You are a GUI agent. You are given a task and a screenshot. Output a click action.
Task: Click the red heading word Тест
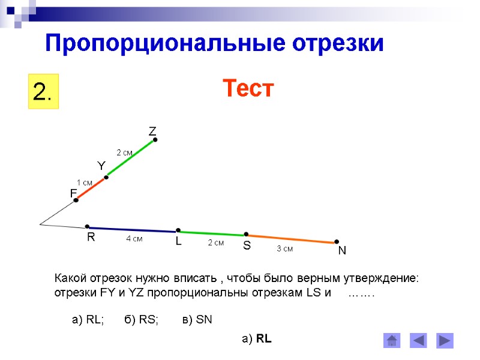coord(248,89)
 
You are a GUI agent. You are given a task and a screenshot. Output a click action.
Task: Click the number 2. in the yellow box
coord(43,92)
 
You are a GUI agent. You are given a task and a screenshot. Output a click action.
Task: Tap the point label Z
coord(152,131)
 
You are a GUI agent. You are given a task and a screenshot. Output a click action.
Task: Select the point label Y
coord(101,165)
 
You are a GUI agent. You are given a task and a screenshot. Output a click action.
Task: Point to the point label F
coord(73,193)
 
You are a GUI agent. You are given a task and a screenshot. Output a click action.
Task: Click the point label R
coord(91,238)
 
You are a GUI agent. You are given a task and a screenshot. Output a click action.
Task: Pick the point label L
coord(178,241)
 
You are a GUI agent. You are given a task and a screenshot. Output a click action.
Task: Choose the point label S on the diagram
coord(247,246)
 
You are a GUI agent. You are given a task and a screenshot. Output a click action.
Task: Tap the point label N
coord(342,251)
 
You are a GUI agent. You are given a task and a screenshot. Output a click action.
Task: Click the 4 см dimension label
coord(134,239)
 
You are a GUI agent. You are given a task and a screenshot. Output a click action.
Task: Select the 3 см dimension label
coord(284,248)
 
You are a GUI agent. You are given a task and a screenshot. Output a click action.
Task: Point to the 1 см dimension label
coord(85,182)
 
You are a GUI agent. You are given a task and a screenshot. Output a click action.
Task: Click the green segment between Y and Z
coord(131,158)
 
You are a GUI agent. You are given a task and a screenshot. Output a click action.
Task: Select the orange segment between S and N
coord(291,238)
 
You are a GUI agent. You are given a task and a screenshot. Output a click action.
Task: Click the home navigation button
coord(392,341)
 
